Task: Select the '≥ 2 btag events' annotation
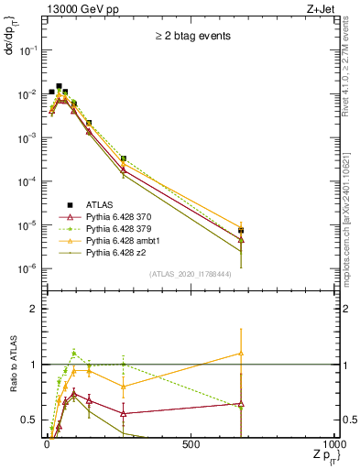191,37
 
